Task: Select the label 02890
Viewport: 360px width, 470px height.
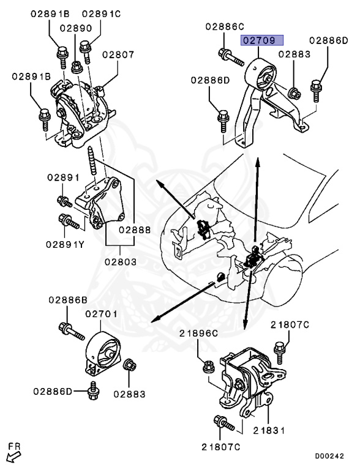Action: tap(75, 28)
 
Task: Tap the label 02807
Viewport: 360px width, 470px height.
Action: tap(118, 54)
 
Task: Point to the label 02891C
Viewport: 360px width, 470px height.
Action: tap(101, 14)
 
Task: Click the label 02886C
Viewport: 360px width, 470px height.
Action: tap(225, 27)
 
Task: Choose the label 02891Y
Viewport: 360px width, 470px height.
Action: tap(65, 245)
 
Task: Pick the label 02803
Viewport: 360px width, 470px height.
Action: tap(121, 262)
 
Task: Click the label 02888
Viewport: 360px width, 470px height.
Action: tap(135, 230)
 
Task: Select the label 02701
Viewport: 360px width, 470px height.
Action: tap(102, 314)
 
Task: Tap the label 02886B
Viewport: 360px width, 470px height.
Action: tap(68, 300)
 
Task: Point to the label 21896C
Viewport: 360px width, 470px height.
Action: tap(198, 333)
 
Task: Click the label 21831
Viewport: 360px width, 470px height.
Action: tap(269, 430)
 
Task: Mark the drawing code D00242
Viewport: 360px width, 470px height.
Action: tap(329, 456)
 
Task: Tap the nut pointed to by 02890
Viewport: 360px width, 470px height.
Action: tap(77, 67)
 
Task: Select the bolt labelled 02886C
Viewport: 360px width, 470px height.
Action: tap(231, 58)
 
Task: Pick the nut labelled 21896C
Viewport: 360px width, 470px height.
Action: tap(209, 367)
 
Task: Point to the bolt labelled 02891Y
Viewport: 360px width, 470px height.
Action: tap(69, 221)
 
